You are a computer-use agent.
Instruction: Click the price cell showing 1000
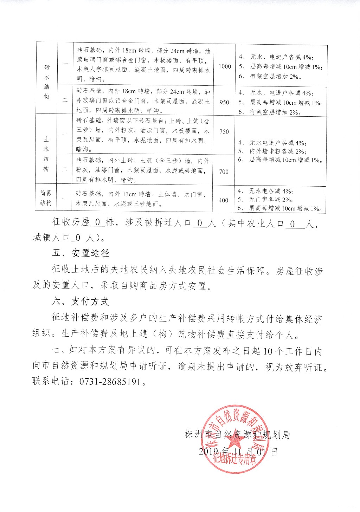coord(225,66)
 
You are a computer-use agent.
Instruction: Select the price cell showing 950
coord(224,102)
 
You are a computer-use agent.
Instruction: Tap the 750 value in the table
coord(224,131)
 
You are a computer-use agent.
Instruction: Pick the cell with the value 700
coord(224,171)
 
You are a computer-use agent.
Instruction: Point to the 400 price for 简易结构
coord(223,200)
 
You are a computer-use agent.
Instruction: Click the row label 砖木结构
coord(47,82)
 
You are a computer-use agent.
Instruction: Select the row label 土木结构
coord(46,154)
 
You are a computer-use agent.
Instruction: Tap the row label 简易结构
coord(46,198)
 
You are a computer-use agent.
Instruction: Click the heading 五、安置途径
coord(81,253)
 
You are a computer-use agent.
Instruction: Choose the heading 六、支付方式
coord(81,301)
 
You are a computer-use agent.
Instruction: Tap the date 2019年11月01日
coord(238,452)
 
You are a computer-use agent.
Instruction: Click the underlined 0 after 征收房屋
coord(98,223)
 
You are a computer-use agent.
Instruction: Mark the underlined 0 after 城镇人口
coord(78,238)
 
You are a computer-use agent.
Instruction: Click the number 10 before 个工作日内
coord(266,351)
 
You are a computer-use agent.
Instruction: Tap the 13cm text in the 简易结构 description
coord(130,194)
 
